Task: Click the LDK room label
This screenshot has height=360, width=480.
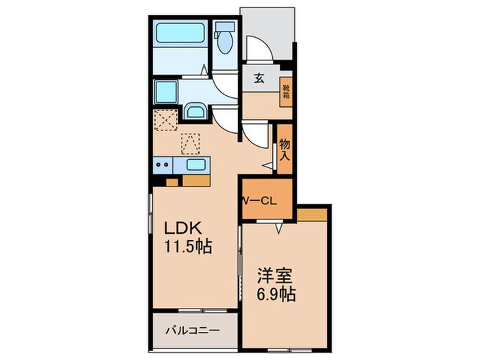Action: point(183,228)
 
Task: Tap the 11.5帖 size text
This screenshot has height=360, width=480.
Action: point(189,246)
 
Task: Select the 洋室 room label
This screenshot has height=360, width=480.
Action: point(275,276)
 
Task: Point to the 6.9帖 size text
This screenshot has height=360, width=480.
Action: point(276,294)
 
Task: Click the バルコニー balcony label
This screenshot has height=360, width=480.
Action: point(193,331)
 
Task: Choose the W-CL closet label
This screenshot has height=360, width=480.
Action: point(260,201)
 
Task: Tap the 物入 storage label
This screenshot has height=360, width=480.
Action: point(285,150)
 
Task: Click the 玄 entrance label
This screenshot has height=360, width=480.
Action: point(259,79)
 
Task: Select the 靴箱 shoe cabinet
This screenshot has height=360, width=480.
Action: point(286,91)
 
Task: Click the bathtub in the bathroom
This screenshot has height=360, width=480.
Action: point(180,32)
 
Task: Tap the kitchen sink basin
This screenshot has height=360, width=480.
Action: point(195,165)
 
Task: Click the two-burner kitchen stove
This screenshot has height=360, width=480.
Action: point(163,165)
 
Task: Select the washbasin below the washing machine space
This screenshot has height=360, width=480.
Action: point(195,111)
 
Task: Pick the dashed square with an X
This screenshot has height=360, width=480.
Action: point(166,120)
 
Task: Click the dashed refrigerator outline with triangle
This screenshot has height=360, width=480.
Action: point(191,144)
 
